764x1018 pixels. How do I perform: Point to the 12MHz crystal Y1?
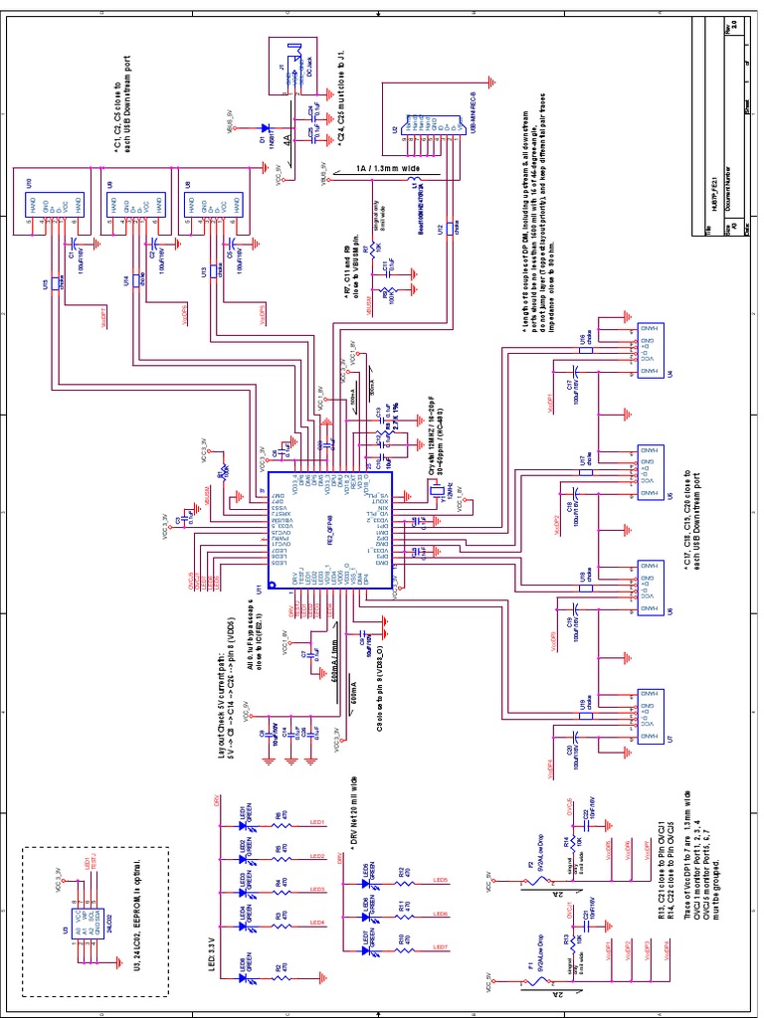(x=435, y=489)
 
